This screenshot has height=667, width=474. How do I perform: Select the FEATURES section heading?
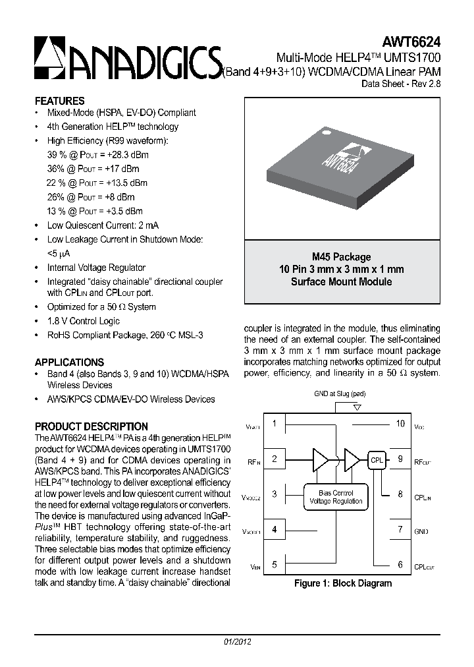point(59,101)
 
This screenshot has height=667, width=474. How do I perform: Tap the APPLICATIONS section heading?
point(69,362)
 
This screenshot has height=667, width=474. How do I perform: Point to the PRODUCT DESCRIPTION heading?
point(91,426)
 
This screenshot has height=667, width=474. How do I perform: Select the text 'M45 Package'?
point(341,257)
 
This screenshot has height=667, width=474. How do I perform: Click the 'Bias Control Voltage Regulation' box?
point(336,497)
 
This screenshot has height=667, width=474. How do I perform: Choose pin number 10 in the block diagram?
point(400,424)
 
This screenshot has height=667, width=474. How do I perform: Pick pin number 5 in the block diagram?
point(274,564)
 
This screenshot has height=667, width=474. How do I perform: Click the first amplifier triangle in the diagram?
point(320,459)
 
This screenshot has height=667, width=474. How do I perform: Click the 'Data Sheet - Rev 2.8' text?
point(401,84)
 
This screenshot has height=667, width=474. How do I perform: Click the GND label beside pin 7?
point(421,531)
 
